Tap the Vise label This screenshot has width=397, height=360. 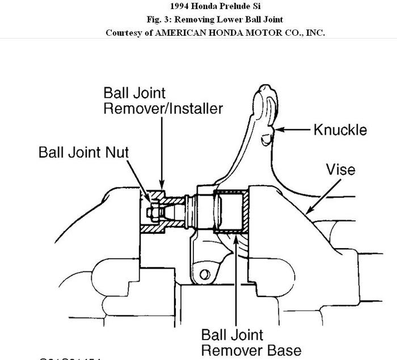340,169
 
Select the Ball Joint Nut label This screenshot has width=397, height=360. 84,152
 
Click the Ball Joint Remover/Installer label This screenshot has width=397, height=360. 163,101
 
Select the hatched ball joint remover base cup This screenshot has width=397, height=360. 231,212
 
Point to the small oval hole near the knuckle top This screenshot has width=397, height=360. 264,138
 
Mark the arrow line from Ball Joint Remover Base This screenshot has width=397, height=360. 234,284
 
